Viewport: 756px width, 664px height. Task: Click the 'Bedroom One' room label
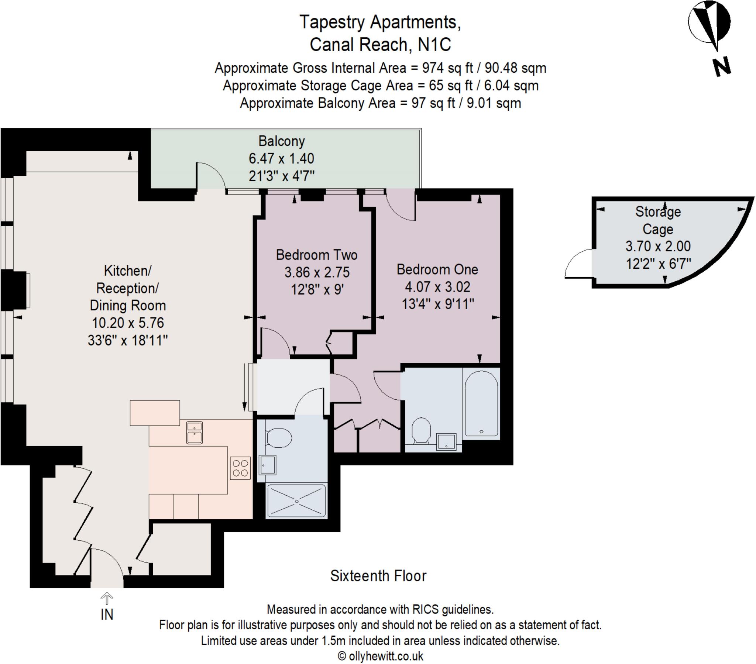pos(437,269)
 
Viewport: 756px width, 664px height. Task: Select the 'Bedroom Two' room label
pos(317,255)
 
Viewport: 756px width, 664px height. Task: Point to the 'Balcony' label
pos(281,141)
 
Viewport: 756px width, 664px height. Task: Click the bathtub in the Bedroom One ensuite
pos(481,403)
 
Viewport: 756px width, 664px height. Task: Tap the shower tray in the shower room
pos(297,501)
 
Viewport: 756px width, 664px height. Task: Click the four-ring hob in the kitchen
pos(240,468)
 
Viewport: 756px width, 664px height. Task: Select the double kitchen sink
pos(195,432)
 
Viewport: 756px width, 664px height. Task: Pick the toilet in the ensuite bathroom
pos(421,430)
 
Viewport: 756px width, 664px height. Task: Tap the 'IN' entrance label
pos(107,615)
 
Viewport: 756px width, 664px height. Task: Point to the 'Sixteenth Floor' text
pos(378,576)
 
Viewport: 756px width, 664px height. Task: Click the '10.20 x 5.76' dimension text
pos(128,323)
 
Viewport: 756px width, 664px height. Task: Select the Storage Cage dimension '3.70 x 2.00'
pos(658,246)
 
